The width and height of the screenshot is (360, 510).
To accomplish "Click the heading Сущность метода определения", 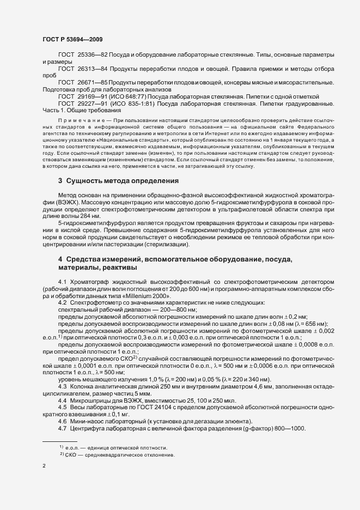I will coord(125,180).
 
